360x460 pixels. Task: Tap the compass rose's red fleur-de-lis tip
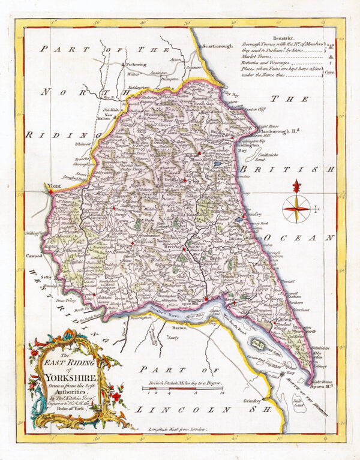tap(296, 186)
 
